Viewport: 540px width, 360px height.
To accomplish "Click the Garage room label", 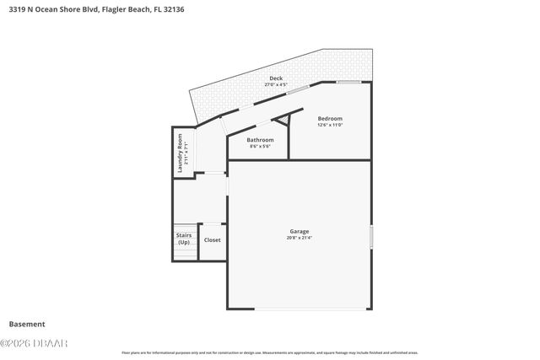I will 300,231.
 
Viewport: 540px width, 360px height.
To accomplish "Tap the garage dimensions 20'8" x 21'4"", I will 300,238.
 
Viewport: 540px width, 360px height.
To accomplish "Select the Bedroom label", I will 330,118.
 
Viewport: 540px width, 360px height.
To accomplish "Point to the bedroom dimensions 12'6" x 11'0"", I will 330,125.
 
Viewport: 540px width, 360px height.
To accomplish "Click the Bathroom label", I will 260,139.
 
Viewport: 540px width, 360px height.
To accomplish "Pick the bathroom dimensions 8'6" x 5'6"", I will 260,146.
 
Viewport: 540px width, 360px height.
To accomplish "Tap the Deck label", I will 275,78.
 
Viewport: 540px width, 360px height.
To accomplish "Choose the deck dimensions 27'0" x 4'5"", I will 275,85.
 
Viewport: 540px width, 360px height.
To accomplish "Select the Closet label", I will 212,240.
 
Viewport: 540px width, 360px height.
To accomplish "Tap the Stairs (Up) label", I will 183,239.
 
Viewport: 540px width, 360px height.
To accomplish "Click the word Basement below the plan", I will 27,324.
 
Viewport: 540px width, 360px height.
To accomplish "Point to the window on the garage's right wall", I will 370,237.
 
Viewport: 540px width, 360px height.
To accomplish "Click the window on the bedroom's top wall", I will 348,83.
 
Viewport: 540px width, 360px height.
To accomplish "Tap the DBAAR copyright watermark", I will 35,342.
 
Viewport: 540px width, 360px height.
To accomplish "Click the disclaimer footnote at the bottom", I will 270,352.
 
